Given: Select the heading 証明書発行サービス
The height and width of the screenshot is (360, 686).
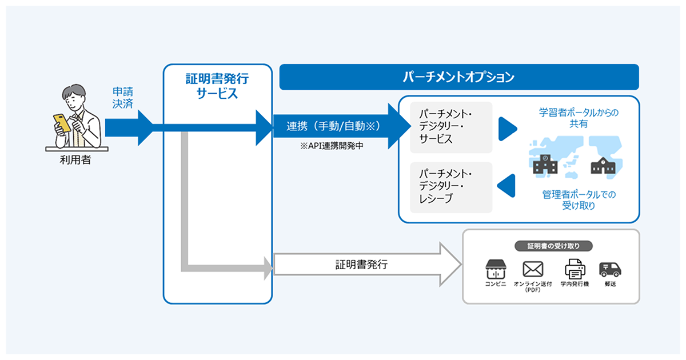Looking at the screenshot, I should [x=217, y=86].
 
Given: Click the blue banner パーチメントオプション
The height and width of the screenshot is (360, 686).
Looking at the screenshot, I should [x=458, y=77].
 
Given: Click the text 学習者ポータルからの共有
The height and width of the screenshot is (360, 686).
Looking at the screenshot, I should [x=579, y=118].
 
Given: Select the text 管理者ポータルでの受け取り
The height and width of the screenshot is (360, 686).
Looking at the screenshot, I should [x=579, y=200].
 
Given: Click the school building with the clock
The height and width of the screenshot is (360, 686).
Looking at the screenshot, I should [x=545, y=165].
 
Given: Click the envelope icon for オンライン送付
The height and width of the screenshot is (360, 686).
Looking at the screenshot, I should [x=533, y=269].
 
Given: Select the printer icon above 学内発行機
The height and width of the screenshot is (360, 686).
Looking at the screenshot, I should [x=575, y=269].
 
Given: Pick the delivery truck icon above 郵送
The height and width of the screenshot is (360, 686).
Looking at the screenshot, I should [x=609, y=269].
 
